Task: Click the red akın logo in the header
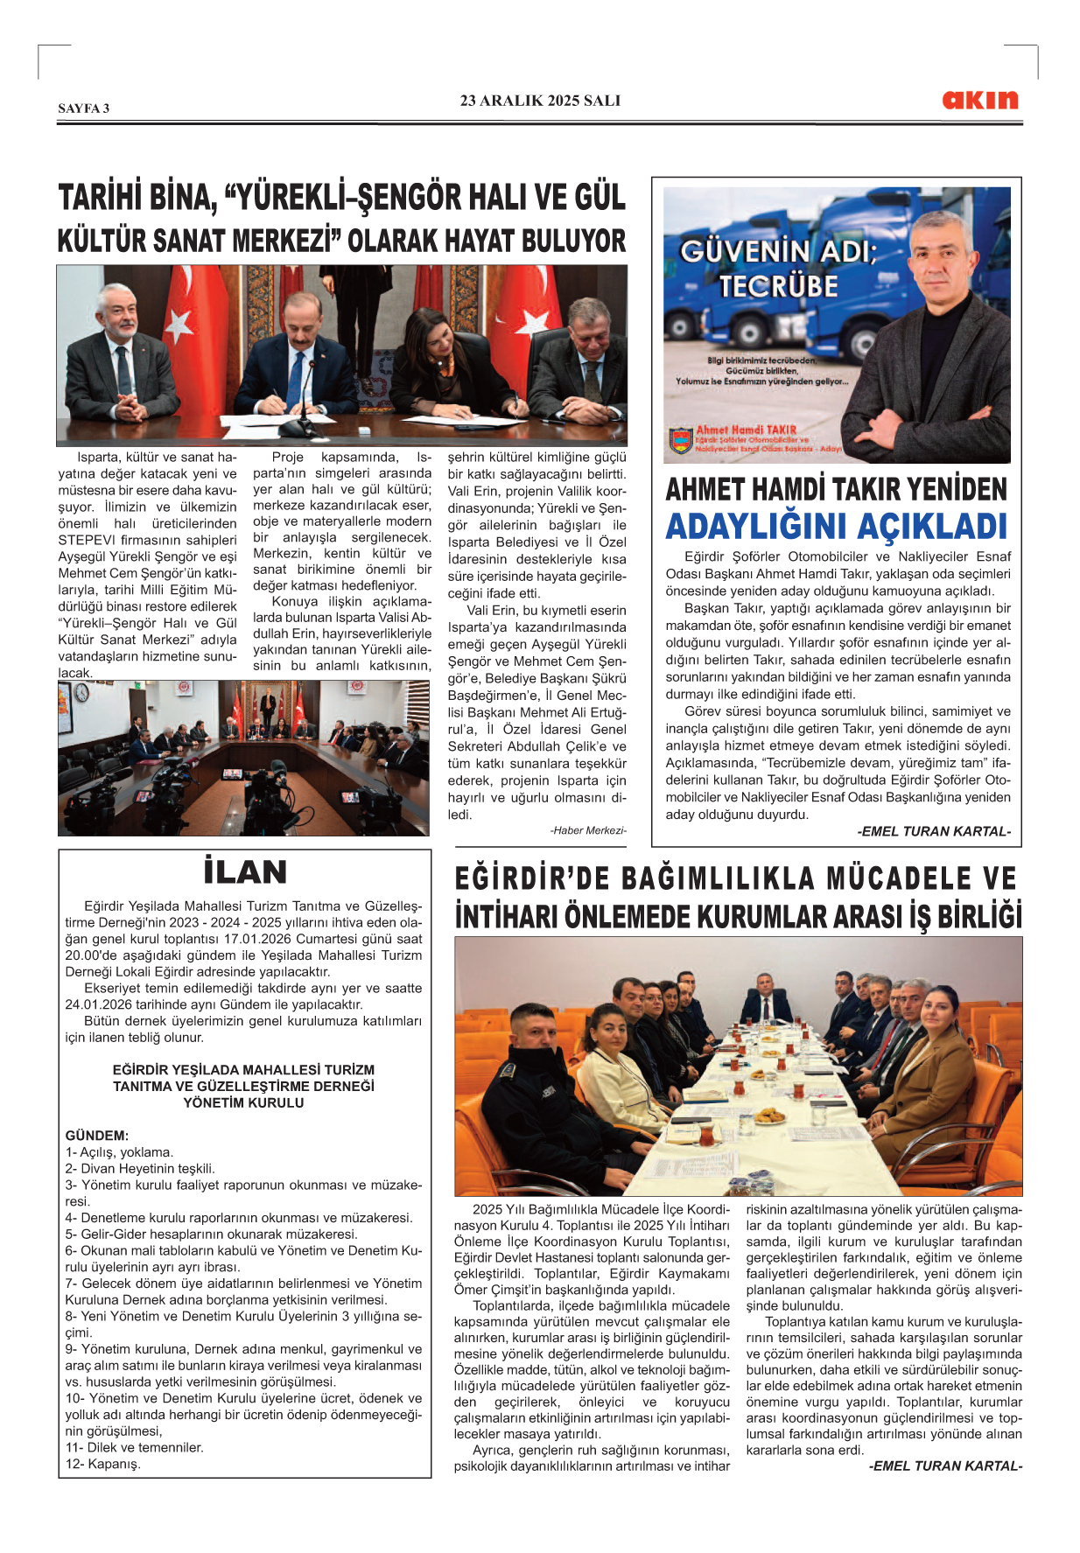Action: click(x=979, y=100)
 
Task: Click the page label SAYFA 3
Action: click(x=84, y=108)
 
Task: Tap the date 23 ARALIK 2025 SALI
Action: click(x=540, y=101)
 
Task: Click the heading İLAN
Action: click(x=245, y=872)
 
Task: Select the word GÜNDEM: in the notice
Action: click(x=97, y=1136)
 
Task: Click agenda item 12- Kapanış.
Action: click(x=102, y=1464)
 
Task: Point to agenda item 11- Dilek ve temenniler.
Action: click(x=134, y=1447)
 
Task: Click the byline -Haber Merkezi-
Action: click(x=588, y=830)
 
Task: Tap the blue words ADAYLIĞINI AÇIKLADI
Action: click(x=837, y=527)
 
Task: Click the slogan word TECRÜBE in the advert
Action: click(x=778, y=286)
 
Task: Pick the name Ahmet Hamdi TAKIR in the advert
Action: click(x=746, y=430)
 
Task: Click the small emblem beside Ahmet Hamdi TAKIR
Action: click(x=680, y=439)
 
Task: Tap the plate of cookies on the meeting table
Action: click(x=769, y=1116)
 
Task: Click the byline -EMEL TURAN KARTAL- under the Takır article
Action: click(x=933, y=831)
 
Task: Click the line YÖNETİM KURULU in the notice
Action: click(x=243, y=1102)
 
